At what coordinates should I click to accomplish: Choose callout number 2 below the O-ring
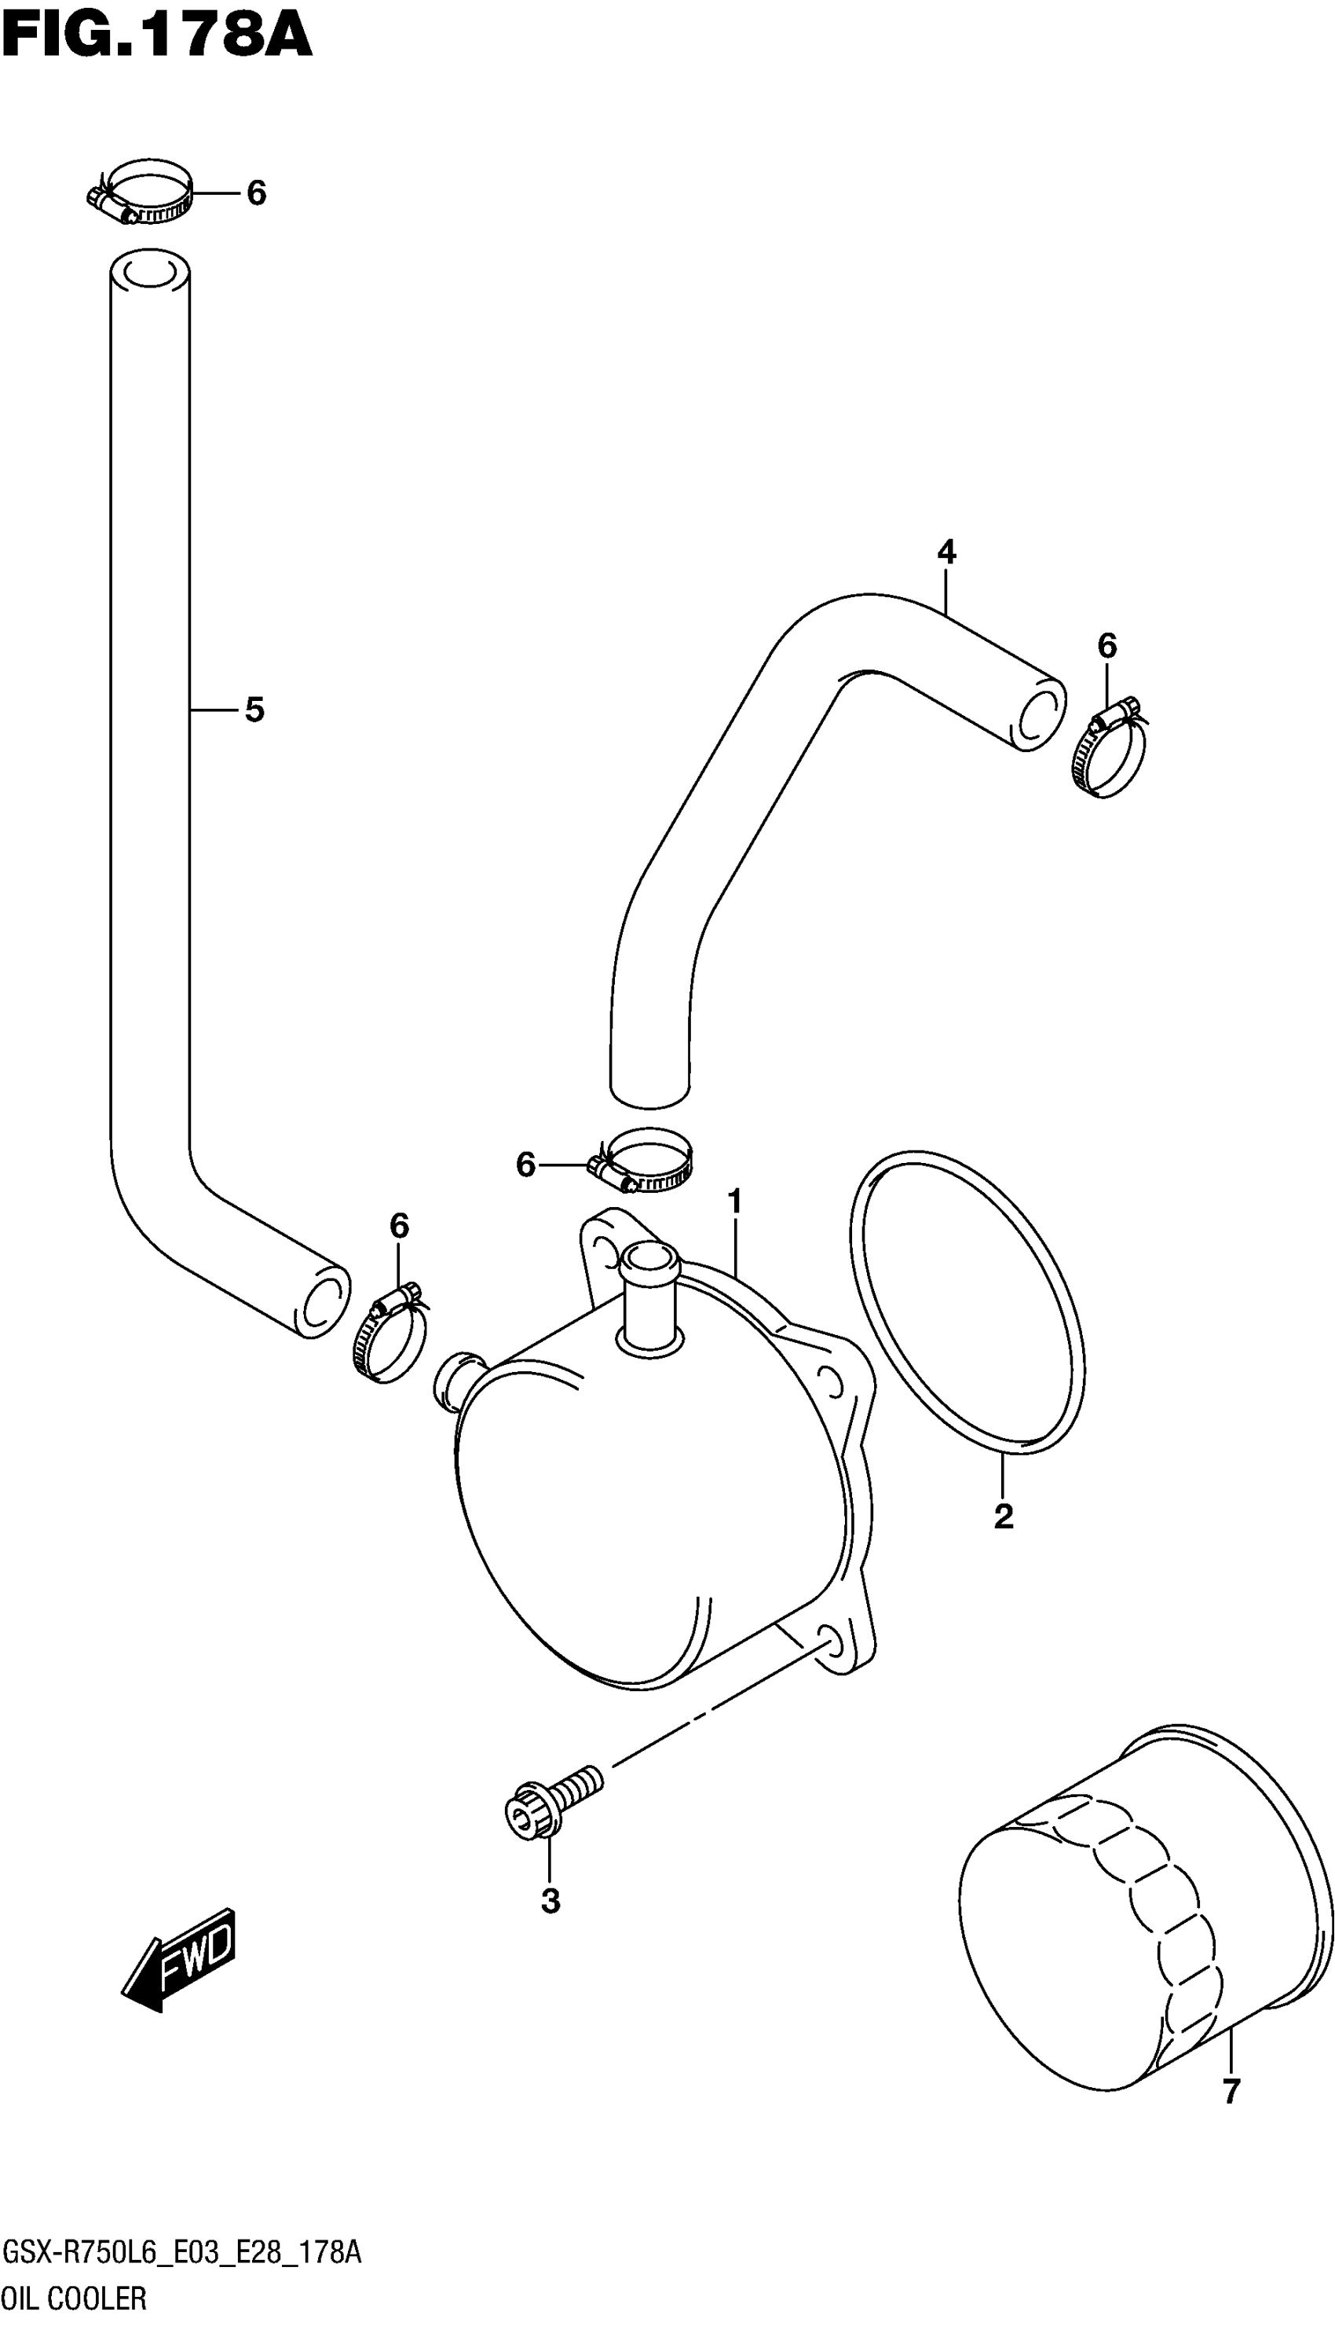(x=1003, y=1517)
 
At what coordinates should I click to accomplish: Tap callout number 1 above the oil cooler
(x=734, y=1202)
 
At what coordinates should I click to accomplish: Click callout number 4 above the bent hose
(x=946, y=552)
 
